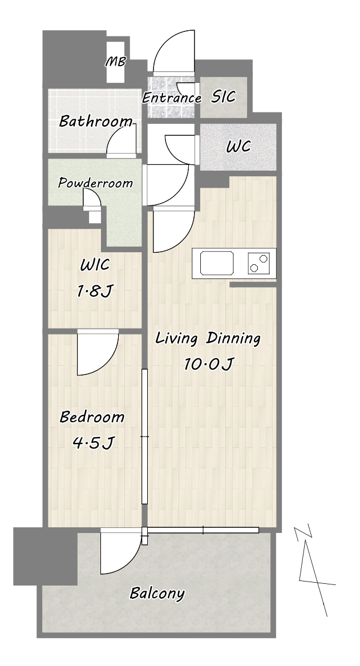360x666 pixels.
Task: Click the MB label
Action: (x=115, y=62)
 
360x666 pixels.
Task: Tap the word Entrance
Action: (x=171, y=98)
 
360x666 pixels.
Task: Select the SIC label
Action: (x=223, y=97)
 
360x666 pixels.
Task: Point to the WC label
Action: (x=238, y=147)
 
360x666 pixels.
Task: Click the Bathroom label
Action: (x=95, y=121)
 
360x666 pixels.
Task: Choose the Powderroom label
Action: (x=95, y=183)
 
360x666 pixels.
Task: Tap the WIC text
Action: (x=95, y=265)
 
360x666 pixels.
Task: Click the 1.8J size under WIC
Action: (x=95, y=292)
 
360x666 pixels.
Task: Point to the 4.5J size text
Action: (x=93, y=443)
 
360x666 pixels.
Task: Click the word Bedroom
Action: (x=92, y=417)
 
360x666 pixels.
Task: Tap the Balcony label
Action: (x=157, y=593)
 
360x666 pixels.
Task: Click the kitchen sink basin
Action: (x=217, y=263)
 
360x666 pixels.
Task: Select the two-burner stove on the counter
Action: (x=258, y=263)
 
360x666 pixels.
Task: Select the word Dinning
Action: (x=233, y=339)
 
